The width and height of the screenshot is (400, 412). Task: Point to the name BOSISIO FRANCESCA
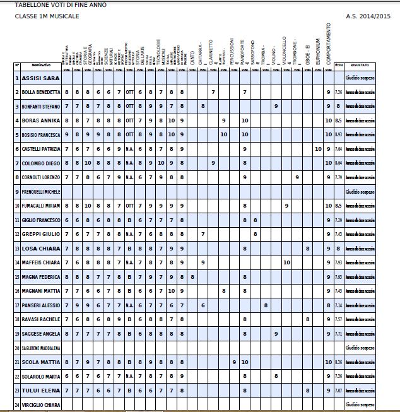[x=41, y=135]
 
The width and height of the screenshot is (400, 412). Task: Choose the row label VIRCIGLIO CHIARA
[x=41, y=404]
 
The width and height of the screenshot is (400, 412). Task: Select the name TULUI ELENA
[x=40, y=391]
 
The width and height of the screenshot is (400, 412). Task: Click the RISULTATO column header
[x=360, y=65]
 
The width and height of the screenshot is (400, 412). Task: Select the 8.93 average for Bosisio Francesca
[x=339, y=135]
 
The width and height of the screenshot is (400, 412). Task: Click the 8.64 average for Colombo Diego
[x=339, y=163]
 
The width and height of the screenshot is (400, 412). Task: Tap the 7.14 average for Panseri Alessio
[x=339, y=305]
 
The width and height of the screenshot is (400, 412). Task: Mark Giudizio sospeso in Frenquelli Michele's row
[x=360, y=191]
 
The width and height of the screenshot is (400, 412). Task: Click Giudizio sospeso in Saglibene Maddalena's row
[x=360, y=348]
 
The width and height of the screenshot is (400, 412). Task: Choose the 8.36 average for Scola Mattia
[x=339, y=362]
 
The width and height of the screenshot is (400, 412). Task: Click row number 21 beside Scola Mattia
[x=18, y=362]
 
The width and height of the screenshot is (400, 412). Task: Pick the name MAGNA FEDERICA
[x=40, y=277]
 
